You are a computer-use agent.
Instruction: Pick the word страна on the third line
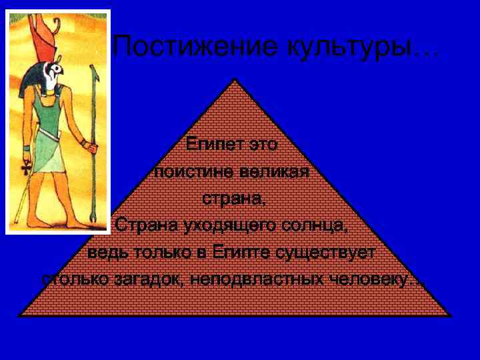pos(231,199)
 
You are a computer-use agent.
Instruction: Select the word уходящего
pos(216,225)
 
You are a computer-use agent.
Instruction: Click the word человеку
pos(373,280)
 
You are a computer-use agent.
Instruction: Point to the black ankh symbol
pos(26,167)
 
